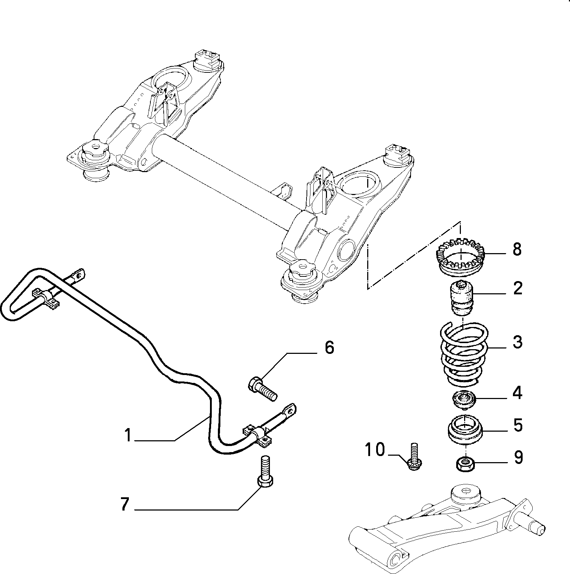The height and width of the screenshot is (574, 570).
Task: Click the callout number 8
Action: click(x=517, y=249)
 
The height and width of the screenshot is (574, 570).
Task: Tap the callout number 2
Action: click(x=517, y=288)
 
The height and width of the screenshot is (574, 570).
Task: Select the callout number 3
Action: click(x=517, y=342)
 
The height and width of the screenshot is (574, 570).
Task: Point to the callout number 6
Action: click(x=329, y=347)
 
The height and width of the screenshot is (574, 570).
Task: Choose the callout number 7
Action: click(x=124, y=504)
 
